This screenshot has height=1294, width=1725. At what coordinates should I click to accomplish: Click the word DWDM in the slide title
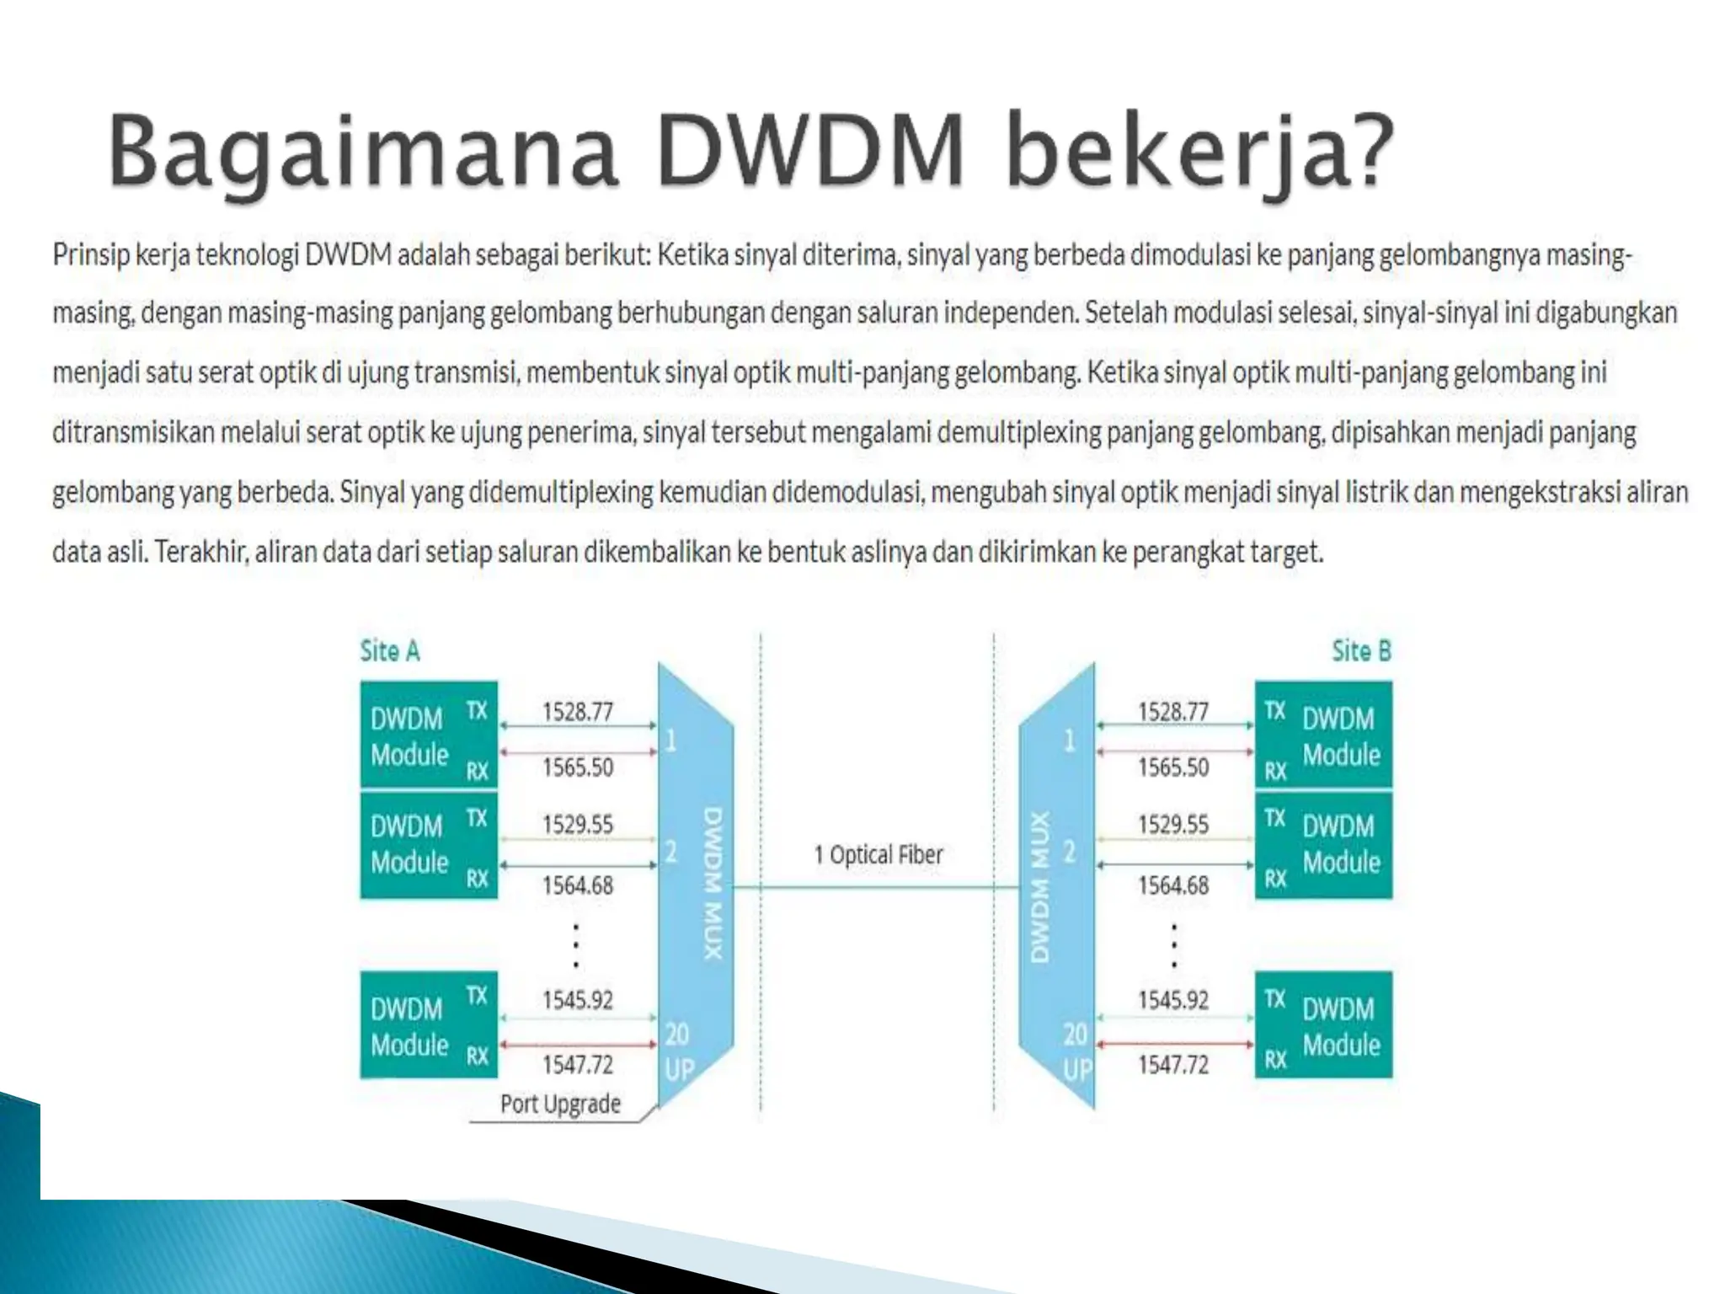pyautogui.click(x=810, y=152)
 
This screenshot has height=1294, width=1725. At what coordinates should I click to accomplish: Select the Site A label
pyautogui.click(x=390, y=651)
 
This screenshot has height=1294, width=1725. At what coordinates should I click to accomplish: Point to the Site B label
pyautogui.click(x=1361, y=651)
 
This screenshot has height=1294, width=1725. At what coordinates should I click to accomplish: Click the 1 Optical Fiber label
pyautogui.click(x=878, y=855)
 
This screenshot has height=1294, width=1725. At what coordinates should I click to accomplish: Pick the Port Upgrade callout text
pyautogui.click(x=560, y=1104)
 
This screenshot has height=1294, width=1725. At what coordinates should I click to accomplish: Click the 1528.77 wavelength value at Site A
pyautogui.click(x=578, y=712)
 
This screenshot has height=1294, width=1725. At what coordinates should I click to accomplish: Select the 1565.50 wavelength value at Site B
pyautogui.click(x=1173, y=767)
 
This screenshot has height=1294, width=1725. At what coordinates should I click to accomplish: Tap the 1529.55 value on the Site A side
pyautogui.click(x=578, y=824)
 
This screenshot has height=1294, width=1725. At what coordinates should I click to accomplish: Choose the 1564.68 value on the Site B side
pyautogui.click(x=1173, y=885)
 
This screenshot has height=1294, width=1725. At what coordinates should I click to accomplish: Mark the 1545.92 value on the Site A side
pyautogui.click(x=578, y=1000)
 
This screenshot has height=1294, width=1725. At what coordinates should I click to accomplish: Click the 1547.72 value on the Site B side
pyautogui.click(x=1173, y=1065)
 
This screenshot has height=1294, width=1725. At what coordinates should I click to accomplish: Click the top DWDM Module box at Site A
pyautogui.click(x=429, y=735)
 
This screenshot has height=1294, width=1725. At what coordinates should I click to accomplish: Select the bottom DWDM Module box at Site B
pyautogui.click(x=1323, y=1025)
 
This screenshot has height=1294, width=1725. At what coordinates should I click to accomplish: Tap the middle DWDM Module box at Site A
pyautogui.click(x=429, y=844)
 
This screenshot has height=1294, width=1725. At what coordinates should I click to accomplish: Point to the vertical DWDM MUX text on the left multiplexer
pyautogui.click(x=713, y=885)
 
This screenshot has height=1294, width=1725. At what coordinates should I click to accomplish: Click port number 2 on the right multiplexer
pyautogui.click(x=1070, y=852)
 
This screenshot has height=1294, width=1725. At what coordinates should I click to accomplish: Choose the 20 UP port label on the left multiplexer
pyautogui.click(x=678, y=1051)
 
